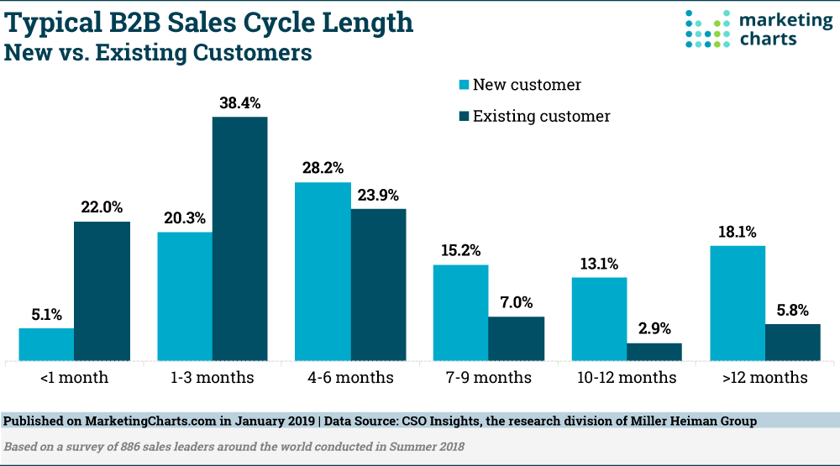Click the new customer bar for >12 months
[x=738, y=303]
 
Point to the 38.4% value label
[x=240, y=103]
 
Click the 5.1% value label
[x=46, y=315]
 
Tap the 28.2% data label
[x=323, y=168]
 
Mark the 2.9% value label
[x=654, y=329]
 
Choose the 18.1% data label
[x=738, y=232]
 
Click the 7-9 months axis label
[x=488, y=378]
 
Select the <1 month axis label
[x=74, y=378]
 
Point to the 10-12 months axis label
[x=626, y=378]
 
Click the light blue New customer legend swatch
[x=463, y=85]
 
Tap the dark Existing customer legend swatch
[x=463, y=116]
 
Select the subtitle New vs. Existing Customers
[x=159, y=53]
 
